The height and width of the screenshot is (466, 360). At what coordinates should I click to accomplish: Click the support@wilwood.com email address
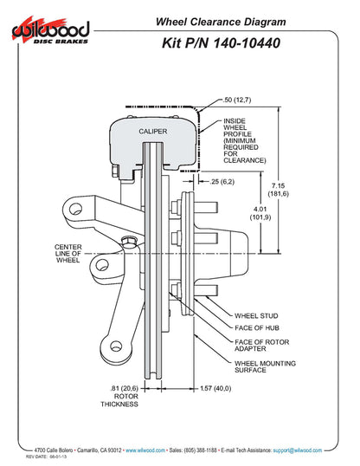coord(295,450)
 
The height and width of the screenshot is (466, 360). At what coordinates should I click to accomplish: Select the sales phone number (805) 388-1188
coord(202,450)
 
